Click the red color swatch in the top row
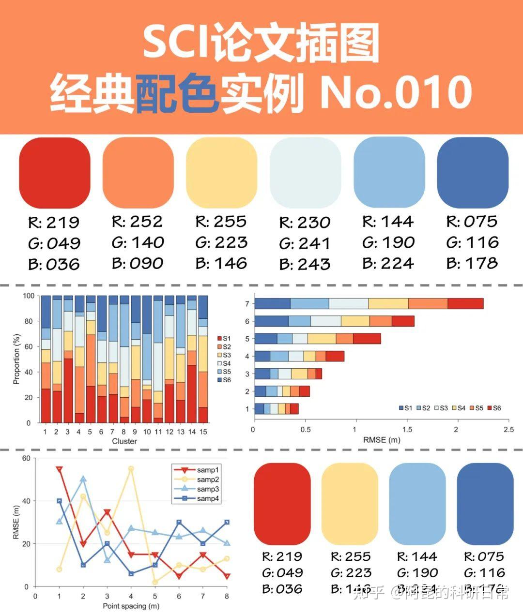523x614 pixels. pyautogui.click(x=54, y=173)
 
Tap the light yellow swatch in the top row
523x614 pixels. pyautogui.click(x=221, y=173)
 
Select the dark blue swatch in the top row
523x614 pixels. pyautogui.click(x=473, y=173)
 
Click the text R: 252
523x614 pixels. pyautogui.click(x=138, y=222)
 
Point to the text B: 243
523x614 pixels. pyautogui.click(x=305, y=264)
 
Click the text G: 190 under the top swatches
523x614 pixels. pyautogui.click(x=388, y=242)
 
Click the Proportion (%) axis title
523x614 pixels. pyautogui.click(x=17, y=359)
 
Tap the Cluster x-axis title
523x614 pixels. pyautogui.click(x=124, y=441)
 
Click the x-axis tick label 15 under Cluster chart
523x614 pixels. pyautogui.click(x=203, y=432)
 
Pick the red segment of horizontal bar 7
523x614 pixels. pyautogui.click(x=465, y=303)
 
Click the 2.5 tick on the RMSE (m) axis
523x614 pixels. pyautogui.click(x=508, y=430)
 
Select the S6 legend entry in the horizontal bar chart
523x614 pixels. pyautogui.click(x=494, y=408)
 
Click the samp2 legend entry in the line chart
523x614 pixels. pyautogui.click(x=208, y=479)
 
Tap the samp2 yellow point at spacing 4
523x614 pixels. pyautogui.click(x=131, y=469)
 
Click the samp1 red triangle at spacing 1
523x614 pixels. pyautogui.click(x=59, y=469)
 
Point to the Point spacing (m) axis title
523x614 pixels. pyautogui.click(x=131, y=606)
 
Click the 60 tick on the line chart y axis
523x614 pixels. pyautogui.click(x=25, y=458)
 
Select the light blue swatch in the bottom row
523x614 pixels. pyautogui.click(x=417, y=504)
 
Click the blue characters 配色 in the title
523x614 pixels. pyautogui.click(x=177, y=92)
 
